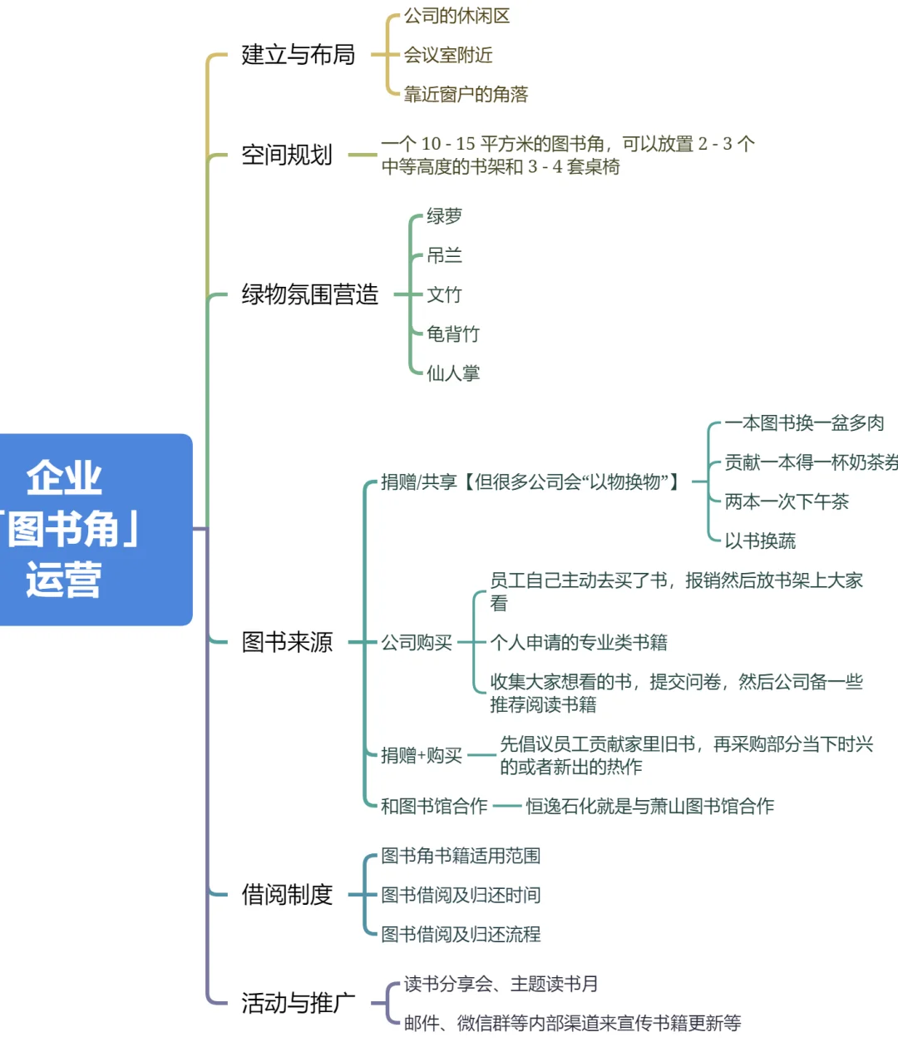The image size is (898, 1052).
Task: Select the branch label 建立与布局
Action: tap(298, 55)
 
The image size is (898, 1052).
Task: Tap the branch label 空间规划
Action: tap(287, 155)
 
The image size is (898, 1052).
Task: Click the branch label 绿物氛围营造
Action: tap(309, 294)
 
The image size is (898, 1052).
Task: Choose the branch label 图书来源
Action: tap(287, 642)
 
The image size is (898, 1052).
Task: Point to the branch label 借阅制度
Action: tap(287, 895)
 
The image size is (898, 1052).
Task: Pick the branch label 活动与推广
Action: tap(298, 1003)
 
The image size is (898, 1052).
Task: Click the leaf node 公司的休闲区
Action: tap(456, 16)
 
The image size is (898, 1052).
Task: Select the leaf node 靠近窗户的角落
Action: tap(466, 94)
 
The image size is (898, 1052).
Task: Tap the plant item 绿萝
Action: tap(444, 216)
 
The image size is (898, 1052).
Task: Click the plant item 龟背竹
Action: tap(453, 334)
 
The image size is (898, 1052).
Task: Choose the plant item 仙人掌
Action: tap(453, 373)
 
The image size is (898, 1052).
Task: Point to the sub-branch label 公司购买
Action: tap(417, 642)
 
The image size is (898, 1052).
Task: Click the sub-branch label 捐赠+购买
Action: tap(422, 755)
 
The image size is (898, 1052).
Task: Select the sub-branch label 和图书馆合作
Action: tap(434, 806)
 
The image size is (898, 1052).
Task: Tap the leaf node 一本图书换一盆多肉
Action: tap(804, 423)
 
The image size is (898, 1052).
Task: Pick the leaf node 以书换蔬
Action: tap(760, 541)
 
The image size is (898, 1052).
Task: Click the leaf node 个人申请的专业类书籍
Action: tap(579, 642)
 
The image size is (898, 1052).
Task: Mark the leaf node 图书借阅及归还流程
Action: tap(461, 934)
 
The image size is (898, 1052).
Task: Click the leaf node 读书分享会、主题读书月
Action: tap(501, 984)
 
